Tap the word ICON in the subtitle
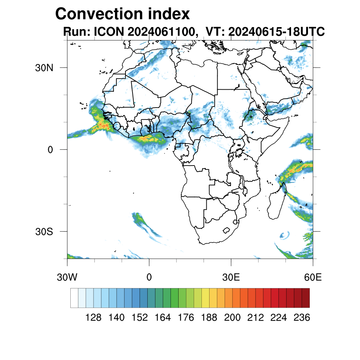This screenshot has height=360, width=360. (108, 32)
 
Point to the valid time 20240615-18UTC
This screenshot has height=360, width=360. (276, 32)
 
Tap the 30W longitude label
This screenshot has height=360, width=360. (67, 277)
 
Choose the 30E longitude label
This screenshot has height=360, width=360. (231, 277)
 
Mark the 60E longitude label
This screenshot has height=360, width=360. (313, 277)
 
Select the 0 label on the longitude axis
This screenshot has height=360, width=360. (149, 277)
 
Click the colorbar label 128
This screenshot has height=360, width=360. (94, 318)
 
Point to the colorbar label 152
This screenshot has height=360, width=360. (140, 318)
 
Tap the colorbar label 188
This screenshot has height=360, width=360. (209, 318)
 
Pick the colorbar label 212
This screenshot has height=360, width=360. (255, 318)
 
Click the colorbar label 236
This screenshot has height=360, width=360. (302, 318)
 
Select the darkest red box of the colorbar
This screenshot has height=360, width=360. (306, 298)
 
